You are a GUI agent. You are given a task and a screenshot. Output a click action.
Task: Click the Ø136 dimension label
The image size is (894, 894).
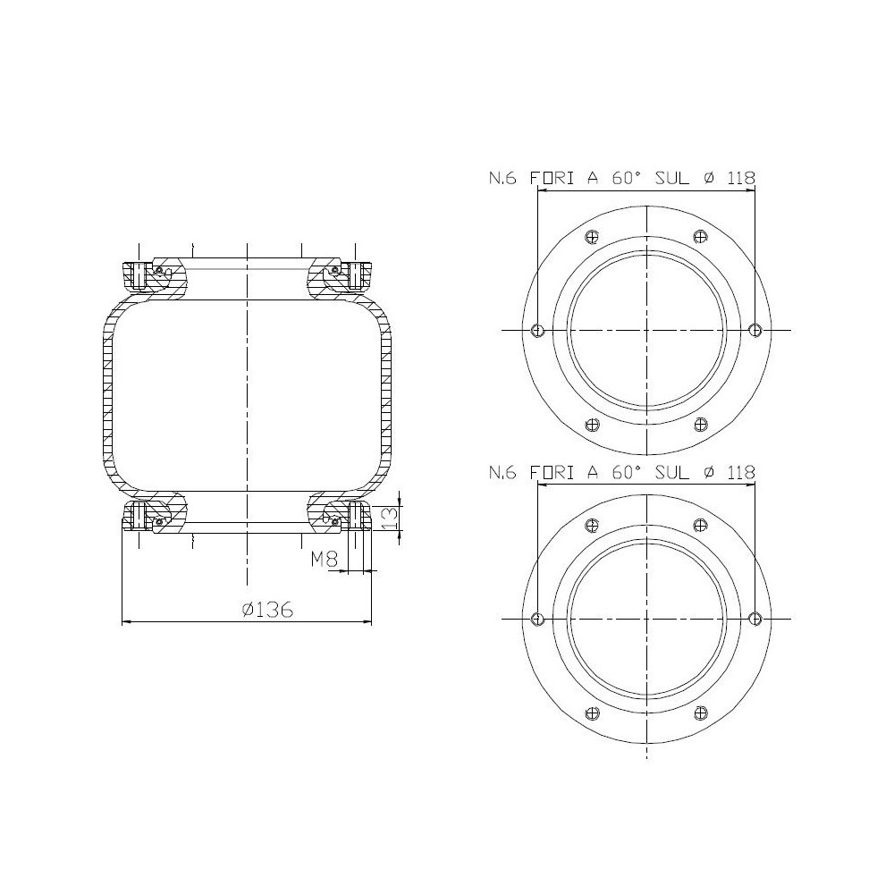[268, 611]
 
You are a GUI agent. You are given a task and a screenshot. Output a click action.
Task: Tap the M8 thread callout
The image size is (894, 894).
[324, 561]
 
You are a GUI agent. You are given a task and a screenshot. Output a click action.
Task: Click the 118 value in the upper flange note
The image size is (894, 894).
[740, 178]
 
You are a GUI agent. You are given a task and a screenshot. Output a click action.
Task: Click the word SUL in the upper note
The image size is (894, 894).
[671, 178]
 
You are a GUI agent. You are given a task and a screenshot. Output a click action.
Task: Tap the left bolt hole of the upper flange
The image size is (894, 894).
[536, 330]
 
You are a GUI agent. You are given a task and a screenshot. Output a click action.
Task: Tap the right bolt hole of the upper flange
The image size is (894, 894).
[755, 330]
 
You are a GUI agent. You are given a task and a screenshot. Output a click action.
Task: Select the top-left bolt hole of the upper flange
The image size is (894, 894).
[591, 236]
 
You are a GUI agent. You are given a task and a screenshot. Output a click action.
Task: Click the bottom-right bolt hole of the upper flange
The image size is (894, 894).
[701, 425]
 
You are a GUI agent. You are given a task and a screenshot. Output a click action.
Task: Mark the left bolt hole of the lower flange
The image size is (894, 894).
[536, 619]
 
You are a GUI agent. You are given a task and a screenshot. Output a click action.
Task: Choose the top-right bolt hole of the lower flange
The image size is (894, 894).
[701, 525]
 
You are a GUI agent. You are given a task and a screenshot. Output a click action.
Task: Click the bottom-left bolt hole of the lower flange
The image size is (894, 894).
[591, 713]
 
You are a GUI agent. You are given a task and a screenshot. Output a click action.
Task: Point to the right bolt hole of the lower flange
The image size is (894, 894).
[755, 619]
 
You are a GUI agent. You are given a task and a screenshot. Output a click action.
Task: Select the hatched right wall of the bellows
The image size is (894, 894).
[386, 398]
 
